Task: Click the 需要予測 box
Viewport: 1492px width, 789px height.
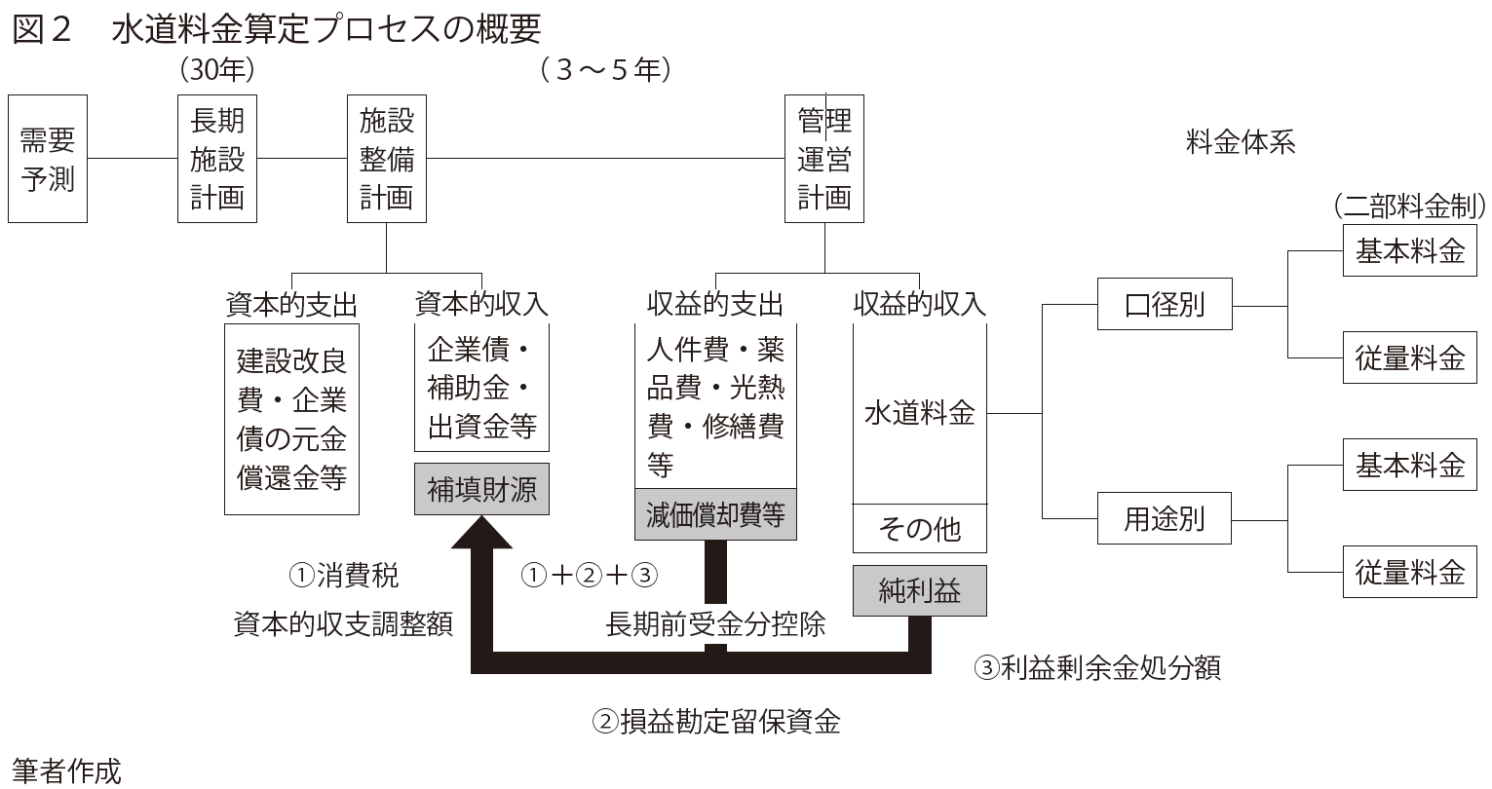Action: click(48, 159)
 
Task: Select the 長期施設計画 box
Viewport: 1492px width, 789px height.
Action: click(217, 159)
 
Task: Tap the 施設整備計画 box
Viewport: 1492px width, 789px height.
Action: click(387, 159)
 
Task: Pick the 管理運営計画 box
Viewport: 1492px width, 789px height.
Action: click(824, 159)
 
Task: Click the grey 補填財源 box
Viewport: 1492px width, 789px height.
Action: click(481, 488)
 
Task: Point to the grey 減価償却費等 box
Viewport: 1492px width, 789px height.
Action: click(715, 513)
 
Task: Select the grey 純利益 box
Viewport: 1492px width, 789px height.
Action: click(919, 590)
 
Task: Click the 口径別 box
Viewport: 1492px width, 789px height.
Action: click(1165, 305)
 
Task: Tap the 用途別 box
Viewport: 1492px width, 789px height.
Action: click(1165, 519)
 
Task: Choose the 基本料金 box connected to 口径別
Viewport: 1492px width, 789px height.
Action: click(1409, 251)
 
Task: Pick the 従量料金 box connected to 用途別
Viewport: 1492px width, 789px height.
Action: click(1409, 571)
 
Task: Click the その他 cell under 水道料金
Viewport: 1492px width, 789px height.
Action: click(919, 529)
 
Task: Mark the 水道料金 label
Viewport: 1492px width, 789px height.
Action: click(919, 413)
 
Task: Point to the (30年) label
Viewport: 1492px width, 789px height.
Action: click(217, 70)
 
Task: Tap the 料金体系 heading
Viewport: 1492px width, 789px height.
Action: click(1241, 142)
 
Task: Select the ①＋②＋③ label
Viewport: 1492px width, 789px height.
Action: click(591, 575)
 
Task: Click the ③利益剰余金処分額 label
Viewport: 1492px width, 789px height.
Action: click(1096, 668)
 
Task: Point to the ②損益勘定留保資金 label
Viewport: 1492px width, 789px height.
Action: click(716, 722)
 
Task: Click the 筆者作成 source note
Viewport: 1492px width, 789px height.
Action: click(67, 771)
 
